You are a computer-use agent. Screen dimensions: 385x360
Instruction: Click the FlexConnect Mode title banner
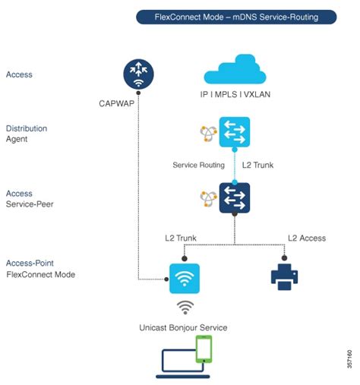[235, 16]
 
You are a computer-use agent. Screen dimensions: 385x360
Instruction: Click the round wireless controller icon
[139, 74]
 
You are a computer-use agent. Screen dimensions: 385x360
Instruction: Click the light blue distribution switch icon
[234, 132]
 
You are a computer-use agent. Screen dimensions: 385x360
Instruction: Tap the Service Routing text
[198, 164]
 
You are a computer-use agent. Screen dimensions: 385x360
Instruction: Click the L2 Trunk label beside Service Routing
[257, 164]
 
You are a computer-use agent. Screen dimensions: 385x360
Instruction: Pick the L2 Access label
[307, 238]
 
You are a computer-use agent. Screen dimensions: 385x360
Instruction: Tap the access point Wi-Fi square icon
[184, 278]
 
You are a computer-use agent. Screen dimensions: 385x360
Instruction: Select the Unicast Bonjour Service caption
[183, 327]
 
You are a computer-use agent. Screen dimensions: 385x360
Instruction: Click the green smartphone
[204, 349]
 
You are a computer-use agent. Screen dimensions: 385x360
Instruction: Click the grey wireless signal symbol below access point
[184, 308]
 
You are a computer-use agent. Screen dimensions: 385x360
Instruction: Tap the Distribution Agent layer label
[27, 134]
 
